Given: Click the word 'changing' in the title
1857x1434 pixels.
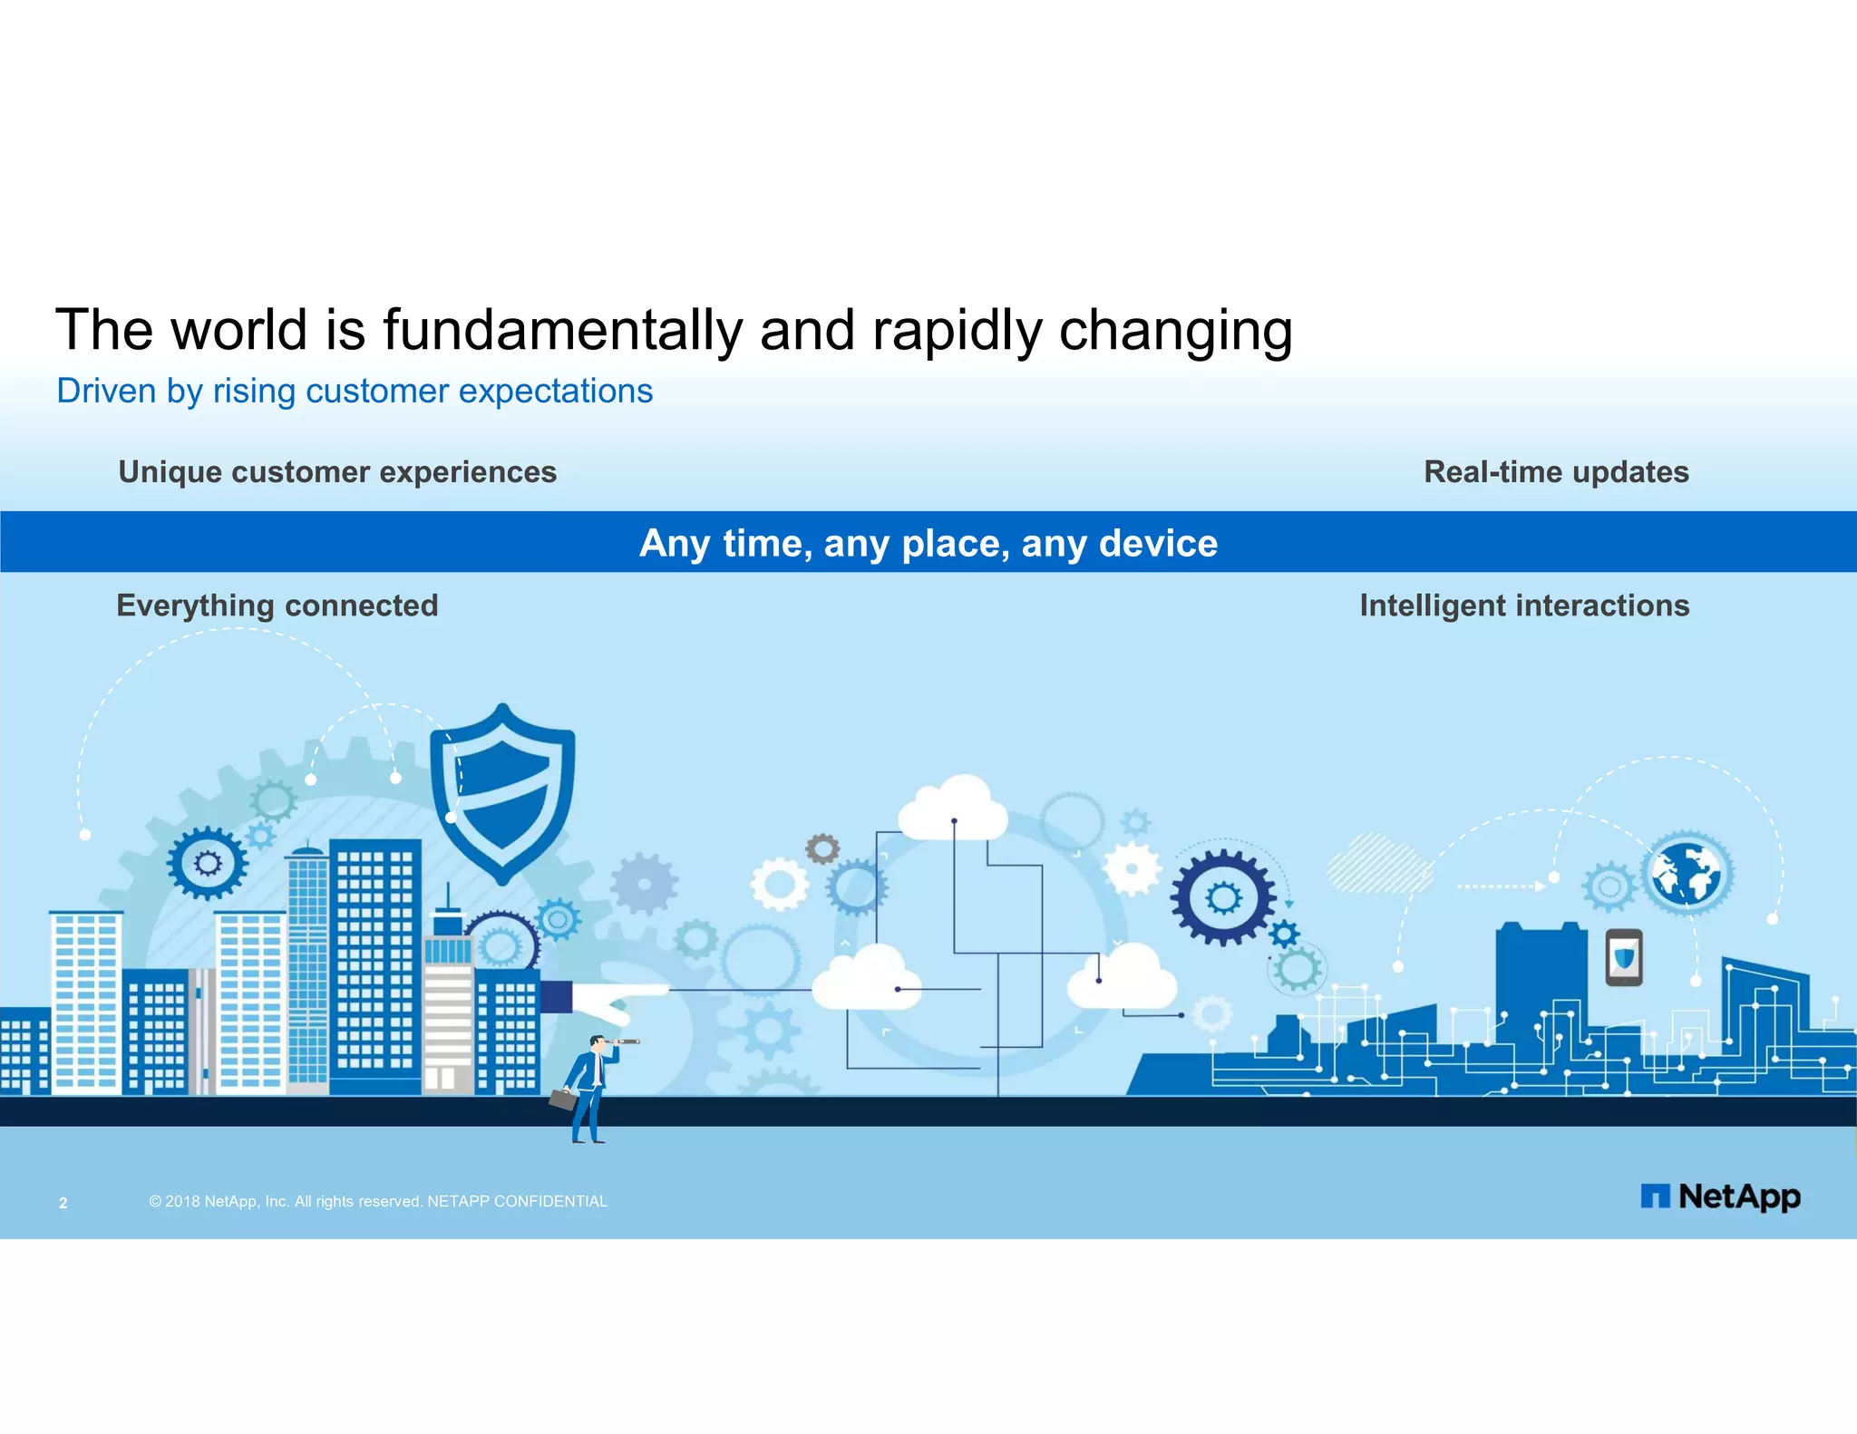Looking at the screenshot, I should click(1175, 330).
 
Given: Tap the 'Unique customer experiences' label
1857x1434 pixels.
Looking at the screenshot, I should click(337, 472).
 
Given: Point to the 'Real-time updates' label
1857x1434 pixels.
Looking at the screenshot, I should click(1556, 472).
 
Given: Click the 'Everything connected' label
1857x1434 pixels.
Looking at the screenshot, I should click(277, 606).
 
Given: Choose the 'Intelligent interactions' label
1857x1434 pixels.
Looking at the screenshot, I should click(1524, 606).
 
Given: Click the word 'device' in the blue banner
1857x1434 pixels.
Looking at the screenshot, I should click(1158, 544).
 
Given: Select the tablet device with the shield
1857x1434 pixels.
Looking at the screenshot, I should click(1624, 957).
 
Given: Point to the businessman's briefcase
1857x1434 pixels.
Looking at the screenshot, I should click(563, 1100).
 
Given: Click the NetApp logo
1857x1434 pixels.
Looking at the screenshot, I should click(1720, 1197).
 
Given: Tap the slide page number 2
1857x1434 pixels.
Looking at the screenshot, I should click(63, 1203).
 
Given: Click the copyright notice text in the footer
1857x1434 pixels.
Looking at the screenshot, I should click(378, 1202).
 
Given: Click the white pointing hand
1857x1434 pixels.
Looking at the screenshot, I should click(617, 1000).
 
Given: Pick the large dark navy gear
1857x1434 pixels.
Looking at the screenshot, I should click(1222, 898).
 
